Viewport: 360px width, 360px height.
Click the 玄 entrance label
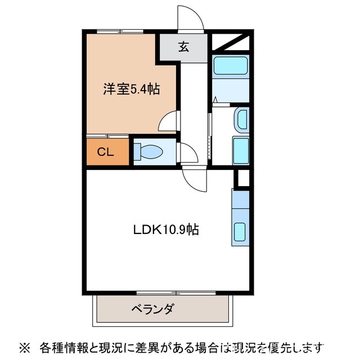183,47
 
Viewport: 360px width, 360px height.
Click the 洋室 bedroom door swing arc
168,121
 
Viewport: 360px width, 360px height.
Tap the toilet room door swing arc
186,152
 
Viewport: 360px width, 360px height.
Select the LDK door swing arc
195,179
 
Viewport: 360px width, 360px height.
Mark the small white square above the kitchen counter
242,178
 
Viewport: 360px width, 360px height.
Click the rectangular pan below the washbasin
241,149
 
